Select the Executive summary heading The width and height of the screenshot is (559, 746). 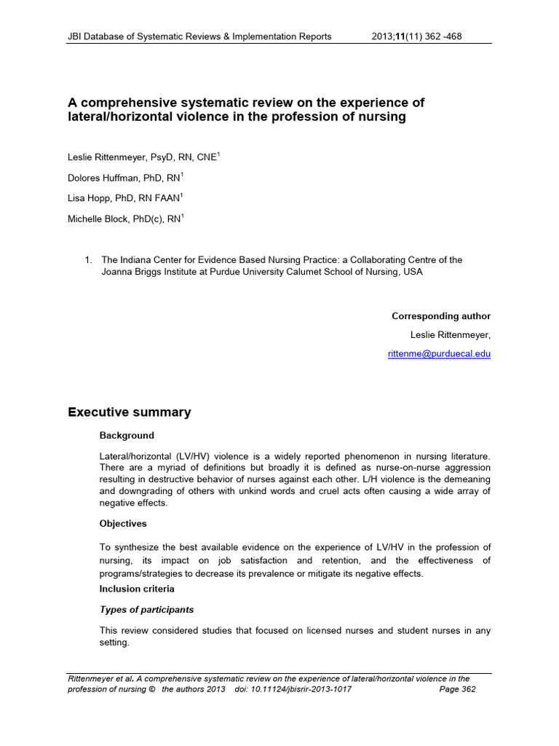(130, 412)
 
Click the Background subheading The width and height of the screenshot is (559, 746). (127, 436)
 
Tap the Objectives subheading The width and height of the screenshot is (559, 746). (123, 523)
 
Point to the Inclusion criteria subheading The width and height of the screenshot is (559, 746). (137, 589)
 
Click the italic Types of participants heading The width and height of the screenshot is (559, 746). (146, 610)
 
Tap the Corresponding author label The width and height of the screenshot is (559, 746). (441, 316)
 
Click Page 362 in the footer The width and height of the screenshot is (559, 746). (458, 689)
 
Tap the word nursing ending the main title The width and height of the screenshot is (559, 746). (383, 117)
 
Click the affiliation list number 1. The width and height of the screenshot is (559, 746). (88, 260)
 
